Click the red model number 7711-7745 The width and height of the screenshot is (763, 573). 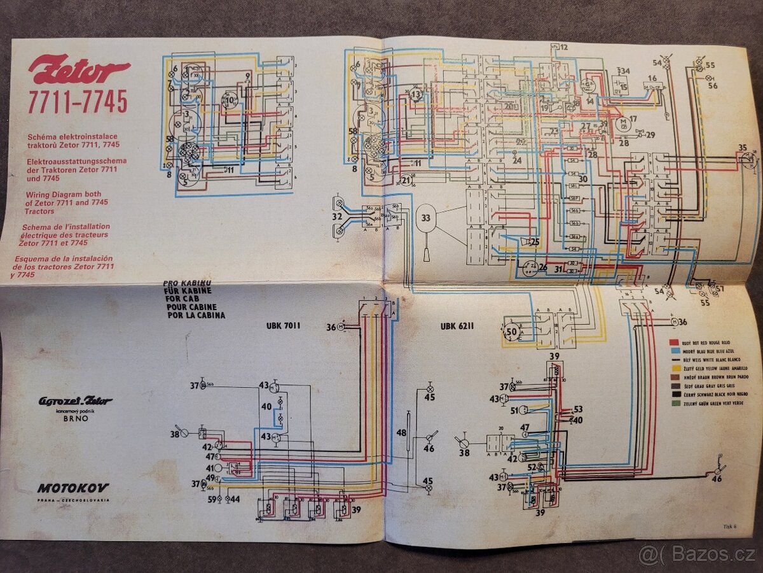tap(77, 101)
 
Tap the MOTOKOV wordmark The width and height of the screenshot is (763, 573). tap(72, 488)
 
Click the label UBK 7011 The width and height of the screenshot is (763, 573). tap(283, 326)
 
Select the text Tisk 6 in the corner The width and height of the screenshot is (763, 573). tap(730, 526)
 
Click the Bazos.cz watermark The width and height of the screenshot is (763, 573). tap(696, 555)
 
